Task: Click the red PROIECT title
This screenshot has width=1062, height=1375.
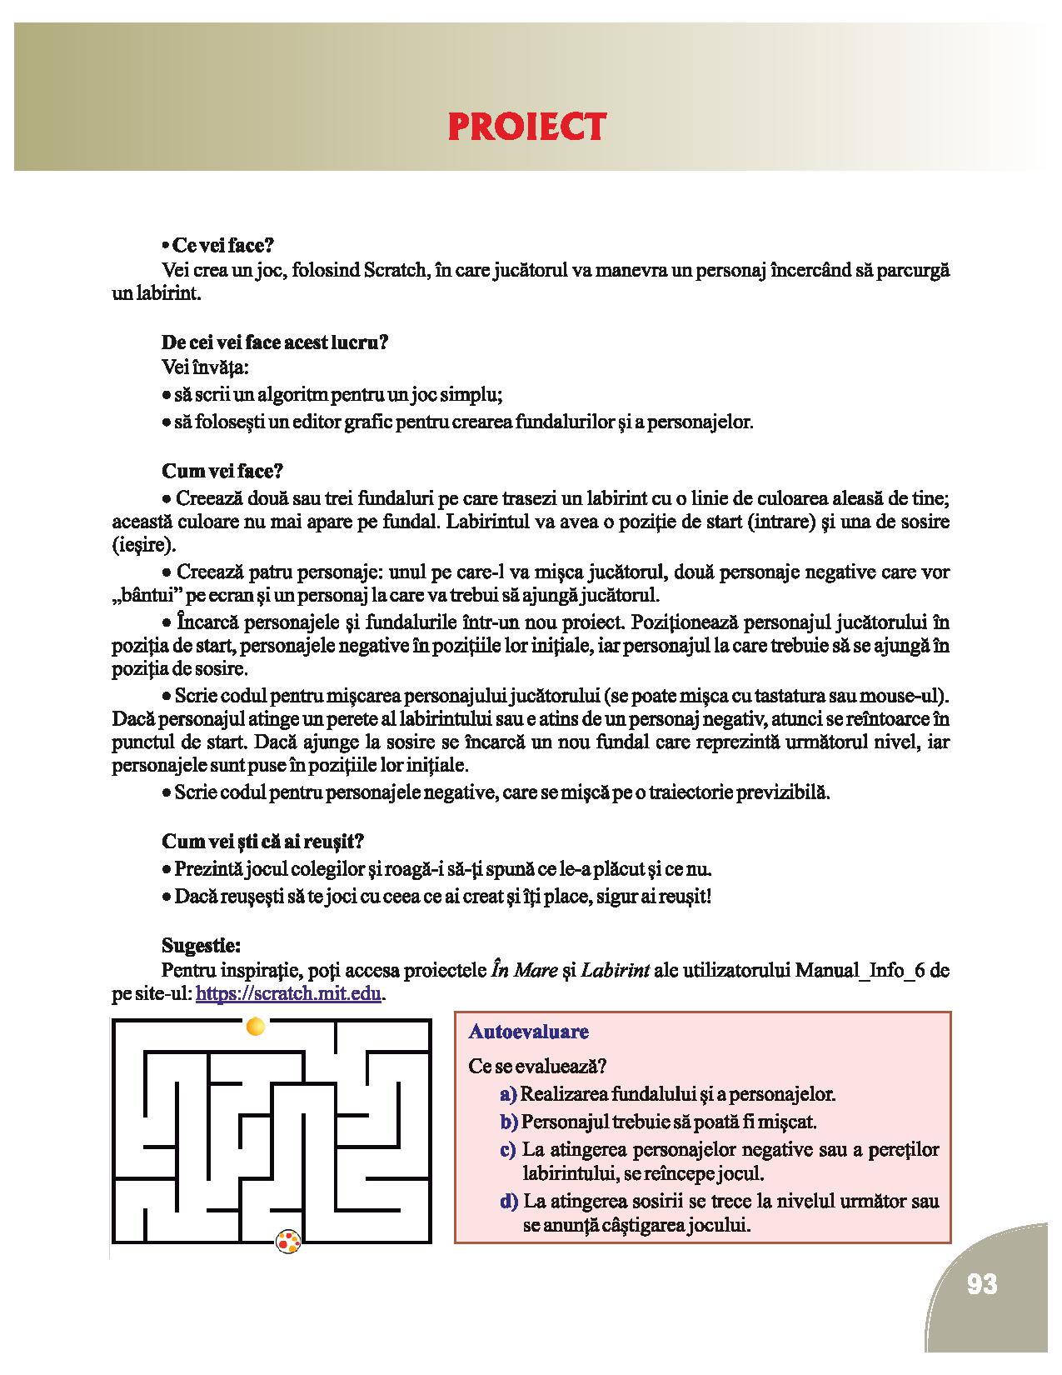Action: pos(526,127)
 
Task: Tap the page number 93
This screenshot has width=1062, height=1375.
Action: pos(982,1284)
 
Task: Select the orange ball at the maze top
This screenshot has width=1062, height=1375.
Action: pos(256,1026)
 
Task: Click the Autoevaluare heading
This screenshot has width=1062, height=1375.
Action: pos(529,1032)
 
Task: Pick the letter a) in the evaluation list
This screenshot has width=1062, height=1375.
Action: pos(508,1093)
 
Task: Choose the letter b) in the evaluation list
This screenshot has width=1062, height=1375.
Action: pos(509,1122)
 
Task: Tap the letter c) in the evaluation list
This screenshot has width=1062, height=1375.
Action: pos(508,1150)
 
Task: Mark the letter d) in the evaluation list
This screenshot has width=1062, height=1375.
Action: pos(508,1202)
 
